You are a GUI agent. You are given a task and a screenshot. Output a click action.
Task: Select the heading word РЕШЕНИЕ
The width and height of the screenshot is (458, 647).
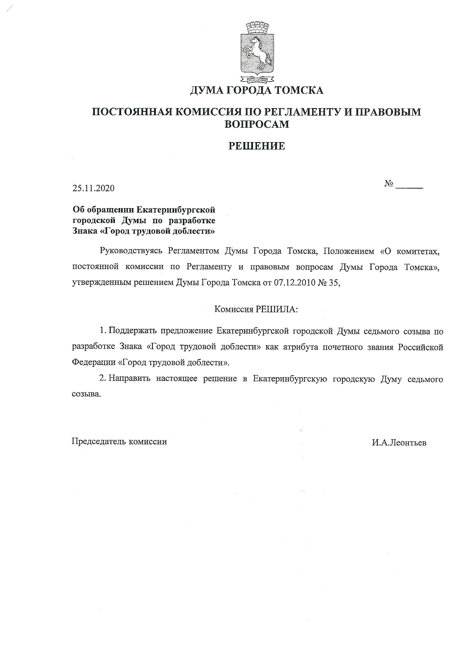click(257, 146)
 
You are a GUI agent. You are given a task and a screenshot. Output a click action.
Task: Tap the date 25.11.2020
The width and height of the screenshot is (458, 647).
click(93, 188)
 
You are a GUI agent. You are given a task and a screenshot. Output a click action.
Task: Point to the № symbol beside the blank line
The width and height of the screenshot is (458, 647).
click(389, 184)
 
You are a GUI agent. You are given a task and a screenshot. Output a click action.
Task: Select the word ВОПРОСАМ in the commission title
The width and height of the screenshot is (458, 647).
click(257, 124)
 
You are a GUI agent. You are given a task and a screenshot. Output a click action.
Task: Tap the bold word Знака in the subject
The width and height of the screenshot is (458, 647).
click(85, 231)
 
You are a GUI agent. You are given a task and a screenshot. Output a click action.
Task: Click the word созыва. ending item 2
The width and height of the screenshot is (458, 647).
click(86, 394)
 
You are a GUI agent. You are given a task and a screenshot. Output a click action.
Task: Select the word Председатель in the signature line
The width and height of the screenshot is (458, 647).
click(98, 442)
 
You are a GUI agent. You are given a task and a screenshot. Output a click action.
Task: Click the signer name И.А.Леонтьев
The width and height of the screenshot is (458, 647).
click(399, 443)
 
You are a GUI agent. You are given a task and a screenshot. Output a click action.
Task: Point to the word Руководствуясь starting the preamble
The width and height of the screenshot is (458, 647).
click(131, 251)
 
